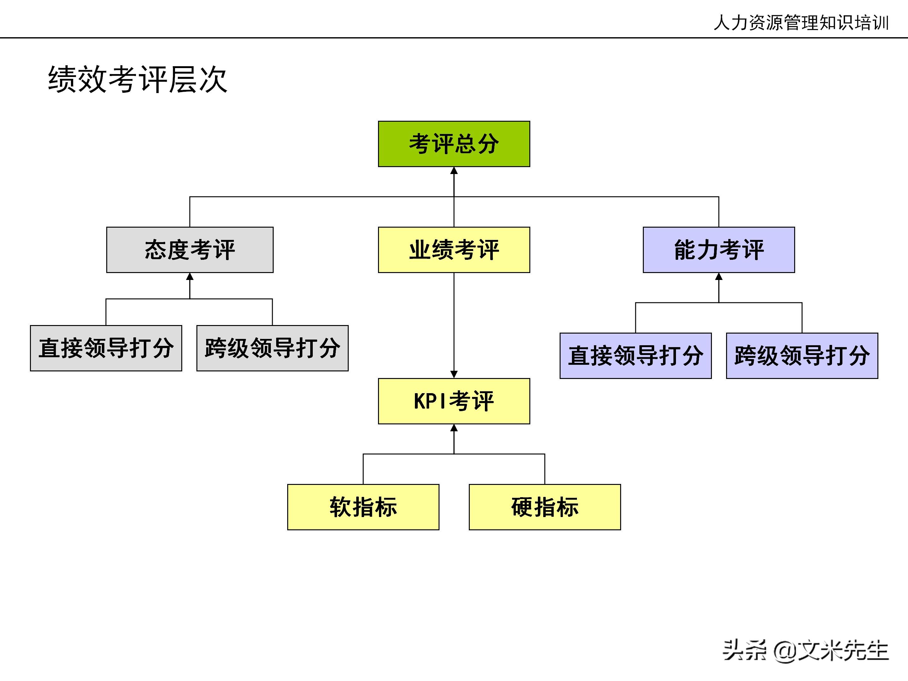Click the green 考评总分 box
pyautogui.click(x=454, y=144)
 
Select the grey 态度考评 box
pyautogui.click(x=190, y=250)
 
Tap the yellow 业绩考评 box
pyautogui.click(x=454, y=250)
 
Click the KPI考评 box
pyautogui.click(x=454, y=401)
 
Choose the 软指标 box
pyautogui.click(x=363, y=507)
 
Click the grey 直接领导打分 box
pyautogui.click(x=106, y=348)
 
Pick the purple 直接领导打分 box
pyautogui.click(x=635, y=356)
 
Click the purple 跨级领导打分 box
pyautogui.click(x=802, y=356)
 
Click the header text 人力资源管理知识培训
pyautogui.click(x=801, y=23)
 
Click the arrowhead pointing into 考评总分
pyautogui.click(x=454, y=170)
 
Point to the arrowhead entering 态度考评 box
pyautogui.click(x=190, y=277)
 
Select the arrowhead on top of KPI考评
pyautogui.click(x=454, y=374)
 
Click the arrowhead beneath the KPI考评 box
pyautogui.click(x=454, y=428)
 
